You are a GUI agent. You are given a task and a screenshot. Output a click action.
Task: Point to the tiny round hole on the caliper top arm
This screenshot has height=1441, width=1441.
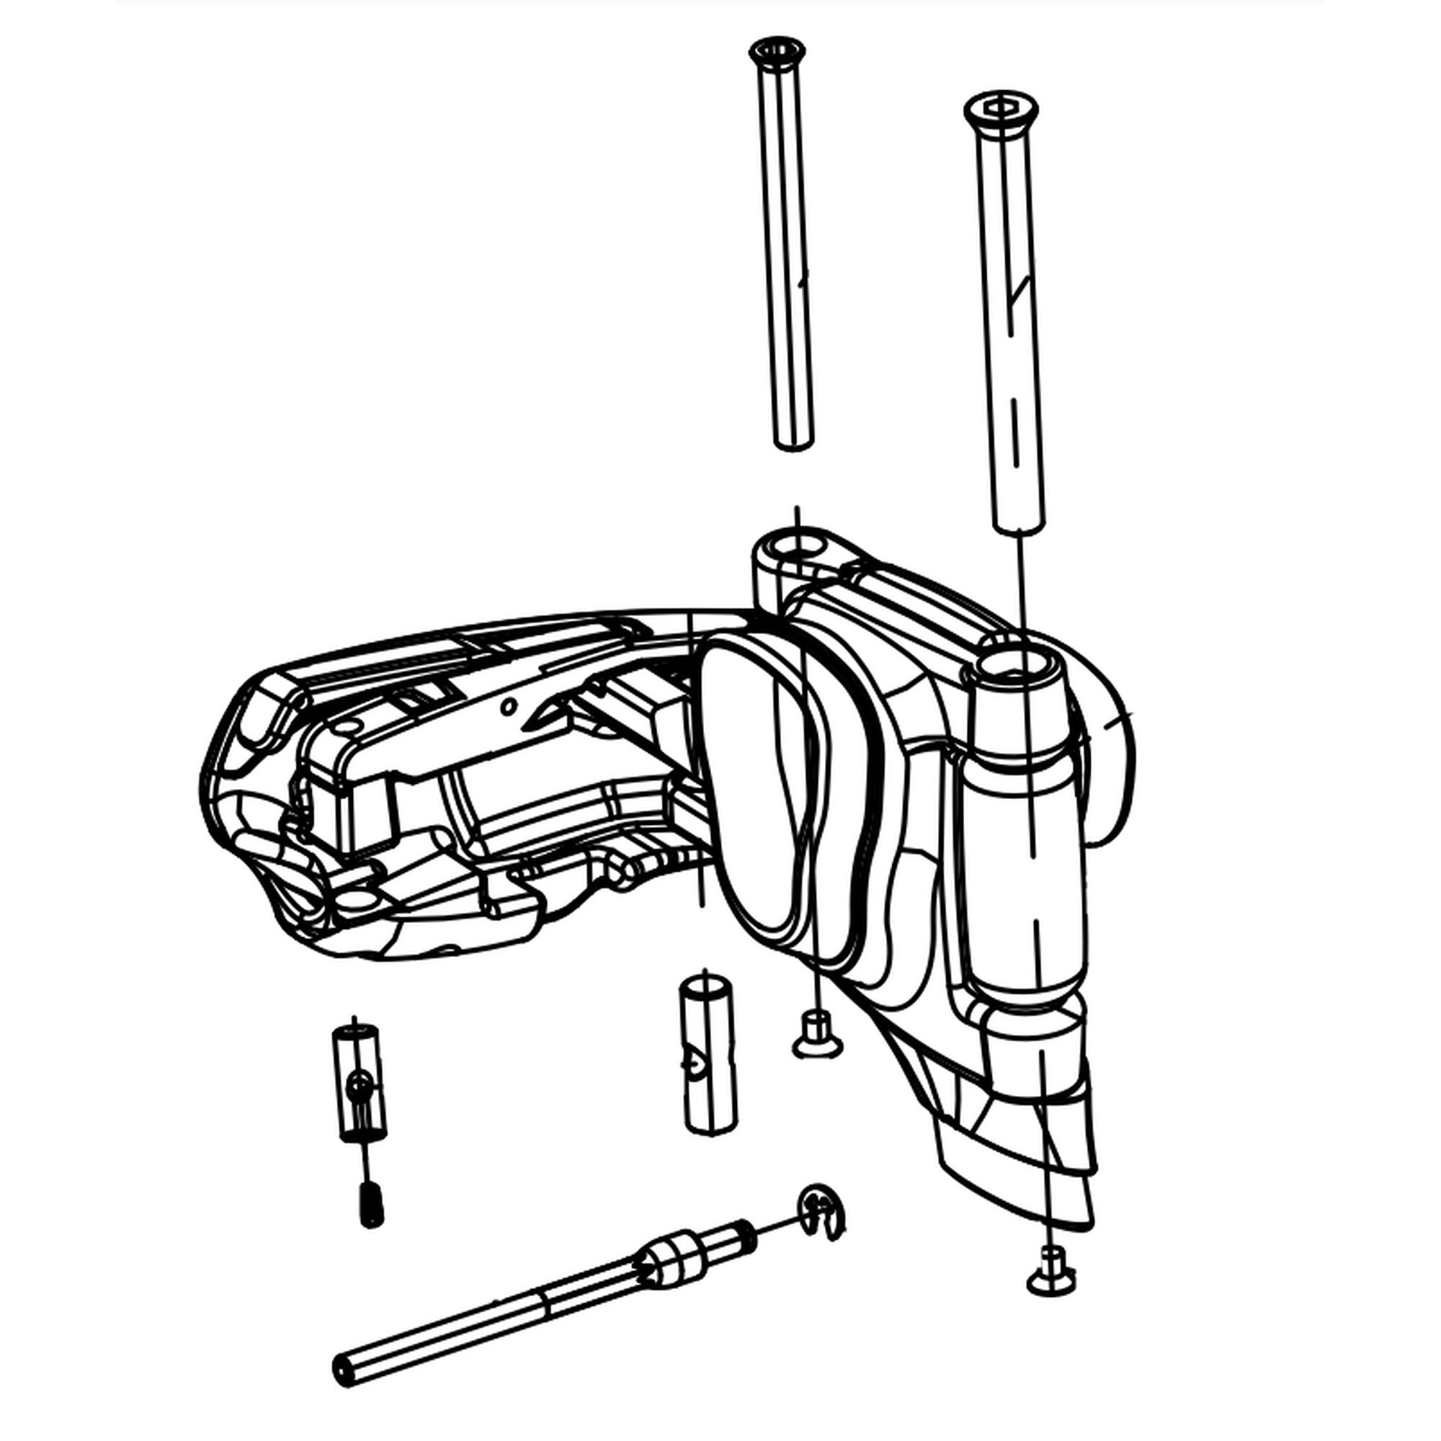[x=509, y=705]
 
